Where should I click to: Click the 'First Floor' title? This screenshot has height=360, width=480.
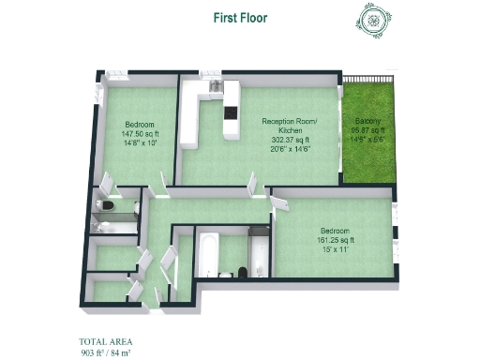click(240, 16)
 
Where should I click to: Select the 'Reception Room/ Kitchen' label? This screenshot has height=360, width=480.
click(289, 126)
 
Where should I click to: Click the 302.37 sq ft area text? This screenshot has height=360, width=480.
click(289, 140)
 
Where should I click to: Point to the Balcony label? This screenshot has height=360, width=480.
click(367, 122)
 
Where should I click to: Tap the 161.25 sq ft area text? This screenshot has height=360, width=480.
click(335, 240)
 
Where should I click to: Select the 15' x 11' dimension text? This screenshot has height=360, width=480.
click(335, 248)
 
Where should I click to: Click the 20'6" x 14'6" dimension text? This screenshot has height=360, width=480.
click(289, 148)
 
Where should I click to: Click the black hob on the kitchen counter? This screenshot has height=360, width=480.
click(230, 115)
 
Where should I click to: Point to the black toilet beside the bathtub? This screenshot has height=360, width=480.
click(242, 271)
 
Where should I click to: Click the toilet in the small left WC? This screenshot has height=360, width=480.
click(109, 204)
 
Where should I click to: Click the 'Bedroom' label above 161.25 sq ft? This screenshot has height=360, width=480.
click(335, 231)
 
